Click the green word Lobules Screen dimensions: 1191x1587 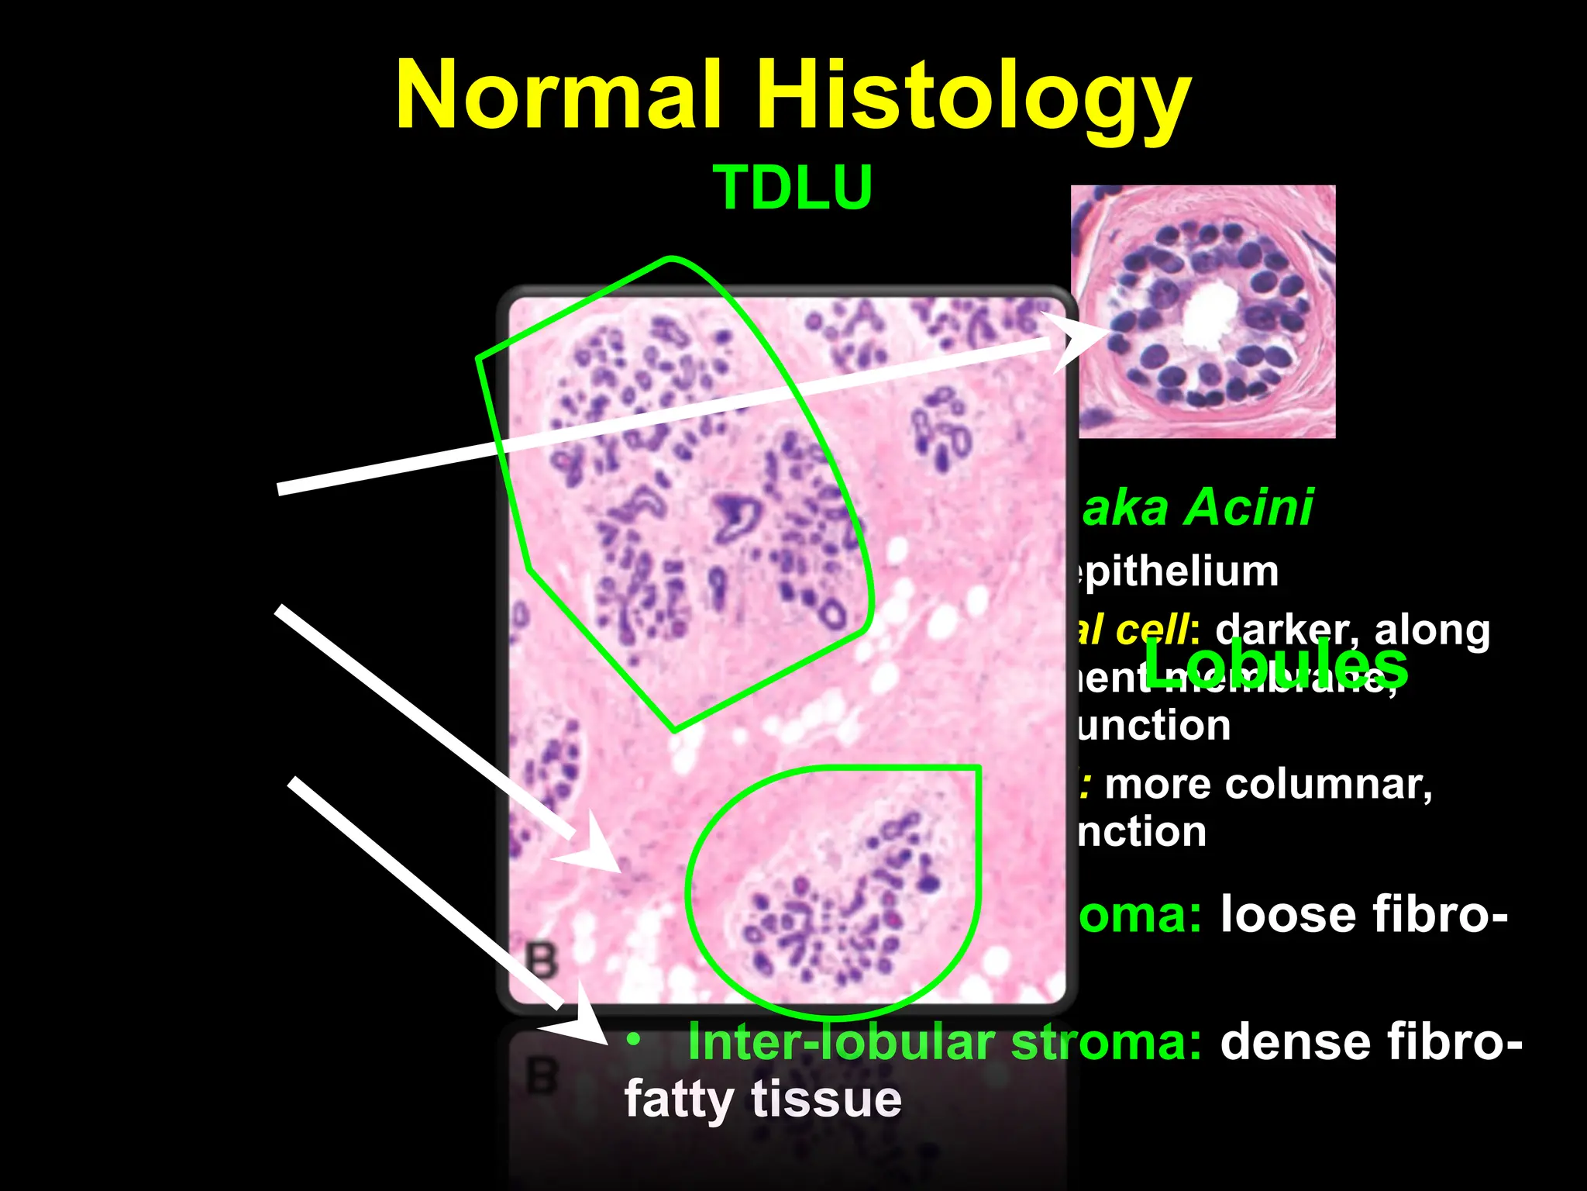click(x=1275, y=664)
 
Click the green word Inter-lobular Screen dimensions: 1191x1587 click(x=841, y=1042)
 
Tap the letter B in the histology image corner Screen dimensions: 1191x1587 click(x=541, y=960)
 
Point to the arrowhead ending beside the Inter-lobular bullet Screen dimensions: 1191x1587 click(x=581, y=1022)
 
